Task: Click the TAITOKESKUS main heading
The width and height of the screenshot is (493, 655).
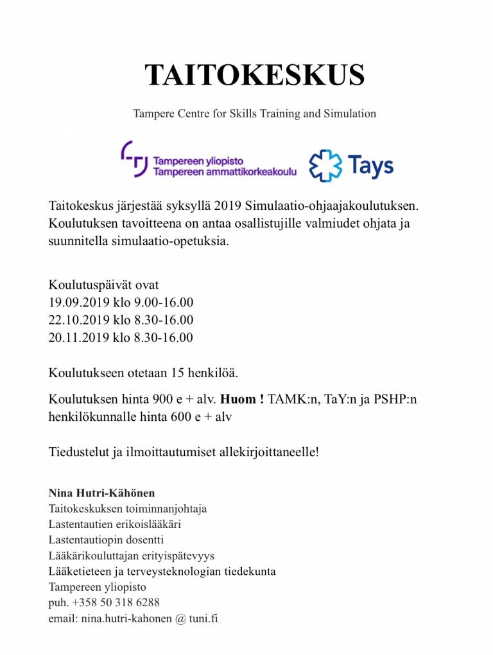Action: tap(255, 76)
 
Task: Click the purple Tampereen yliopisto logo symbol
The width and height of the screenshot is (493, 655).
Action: tap(134, 158)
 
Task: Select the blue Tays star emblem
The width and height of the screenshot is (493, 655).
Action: tap(325, 166)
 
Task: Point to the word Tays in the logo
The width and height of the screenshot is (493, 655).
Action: tap(371, 167)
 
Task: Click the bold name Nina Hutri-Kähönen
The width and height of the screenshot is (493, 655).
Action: tap(102, 493)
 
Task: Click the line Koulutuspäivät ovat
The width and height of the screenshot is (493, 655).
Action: tap(103, 285)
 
